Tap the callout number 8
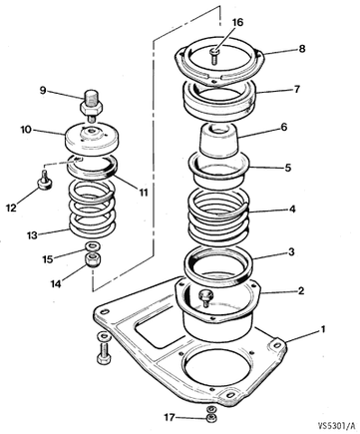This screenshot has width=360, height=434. (301, 49)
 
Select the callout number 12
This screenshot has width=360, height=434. (11, 208)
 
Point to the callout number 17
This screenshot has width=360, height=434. (170, 417)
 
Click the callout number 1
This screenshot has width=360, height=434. (322, 330)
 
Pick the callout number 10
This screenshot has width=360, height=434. (26, 130)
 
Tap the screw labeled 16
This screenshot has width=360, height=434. (214, 56)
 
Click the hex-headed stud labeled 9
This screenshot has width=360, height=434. (91, 106)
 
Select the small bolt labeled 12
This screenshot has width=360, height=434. (44, 181)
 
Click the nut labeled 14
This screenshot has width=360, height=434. (92, 259)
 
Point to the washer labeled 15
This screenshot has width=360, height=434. (91, 246)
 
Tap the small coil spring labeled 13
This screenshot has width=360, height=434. (93, 210)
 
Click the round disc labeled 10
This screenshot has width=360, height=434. (92, 139)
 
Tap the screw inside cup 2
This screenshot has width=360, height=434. (203, 296)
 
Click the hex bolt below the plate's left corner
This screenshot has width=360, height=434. (103, 349)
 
